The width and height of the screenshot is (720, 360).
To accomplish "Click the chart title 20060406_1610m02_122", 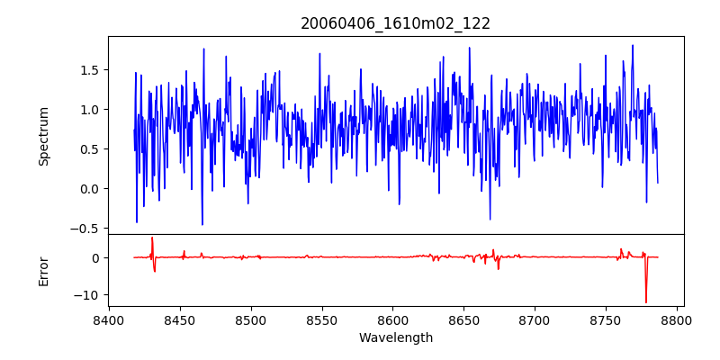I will coord(395,23).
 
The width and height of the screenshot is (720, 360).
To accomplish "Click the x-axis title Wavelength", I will coord(395,338).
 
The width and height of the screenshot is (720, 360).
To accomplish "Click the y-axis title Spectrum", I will coord(43,136).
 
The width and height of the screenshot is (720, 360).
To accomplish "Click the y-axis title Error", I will coord(43,271).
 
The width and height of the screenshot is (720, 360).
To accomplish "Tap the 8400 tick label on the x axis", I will coord(109,320).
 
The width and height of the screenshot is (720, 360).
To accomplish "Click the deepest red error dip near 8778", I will coord(645,301).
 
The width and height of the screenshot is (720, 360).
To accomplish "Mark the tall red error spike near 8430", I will coord(152,238).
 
